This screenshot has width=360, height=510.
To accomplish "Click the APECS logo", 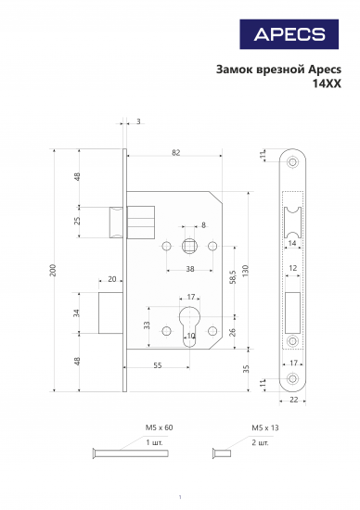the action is tap(289, 34).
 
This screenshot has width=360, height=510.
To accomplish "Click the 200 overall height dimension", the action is tap(53, 270).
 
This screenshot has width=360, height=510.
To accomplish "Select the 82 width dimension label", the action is tap(175, 153).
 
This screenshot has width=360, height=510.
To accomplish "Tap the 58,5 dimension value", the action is tap(233, 277).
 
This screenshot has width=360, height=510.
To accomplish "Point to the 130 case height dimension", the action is tap(245, 271).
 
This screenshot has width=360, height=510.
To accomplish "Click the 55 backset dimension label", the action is tap(158, 365).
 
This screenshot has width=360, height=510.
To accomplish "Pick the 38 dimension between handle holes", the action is tap(190, 269).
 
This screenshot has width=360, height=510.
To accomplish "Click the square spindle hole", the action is tap(188, 247).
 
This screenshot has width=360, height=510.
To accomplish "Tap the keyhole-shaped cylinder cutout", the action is tap(189, 326).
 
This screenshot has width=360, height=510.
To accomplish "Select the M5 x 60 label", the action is tap(159, 427).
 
